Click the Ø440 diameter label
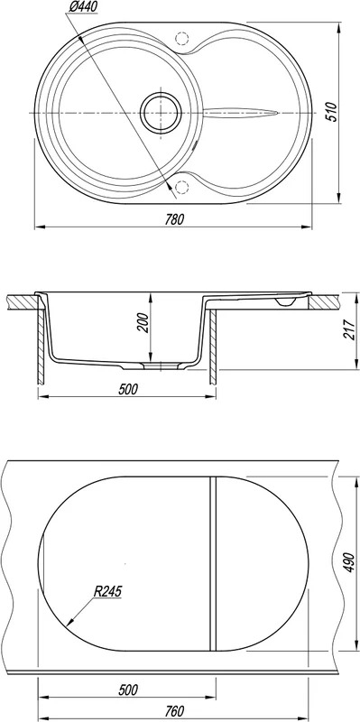pos(83,7)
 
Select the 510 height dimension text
pos(331,112)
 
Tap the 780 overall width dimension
pos(175,219)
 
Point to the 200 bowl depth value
pos(143,323)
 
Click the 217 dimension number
pos(348,329)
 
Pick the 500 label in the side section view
pos(127,390)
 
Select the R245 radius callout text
pos(107,591)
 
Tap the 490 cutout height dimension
pos(348,562)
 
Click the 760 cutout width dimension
pos(174,709)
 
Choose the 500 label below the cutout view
pos(127,690)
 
